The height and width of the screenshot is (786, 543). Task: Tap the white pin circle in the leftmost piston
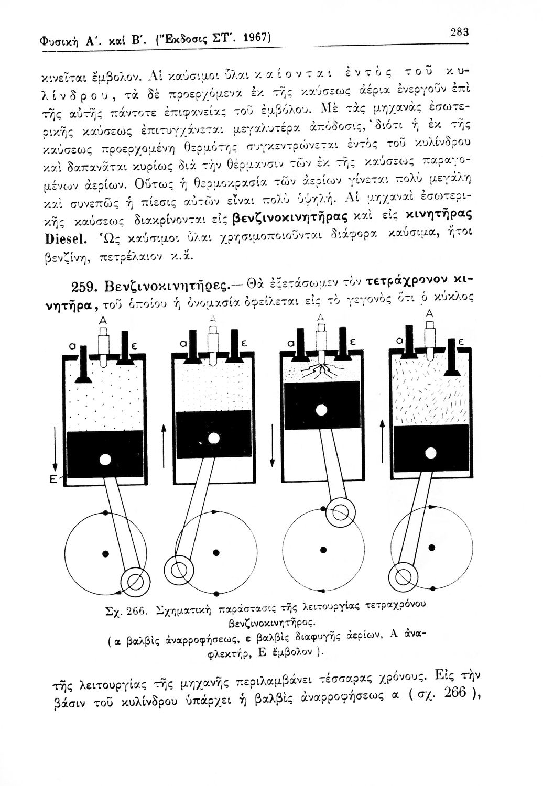coord(105,460)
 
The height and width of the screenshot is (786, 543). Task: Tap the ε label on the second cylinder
coord(243,343)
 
